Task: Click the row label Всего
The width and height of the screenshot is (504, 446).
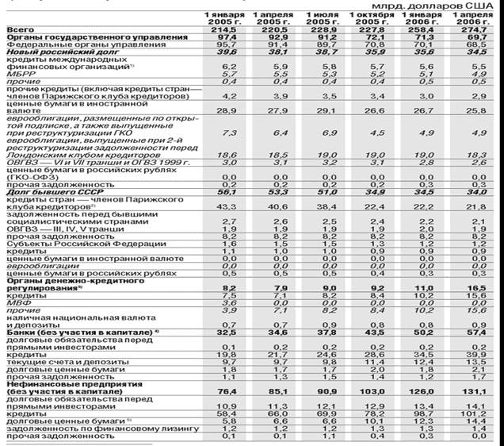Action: point(17,29)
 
